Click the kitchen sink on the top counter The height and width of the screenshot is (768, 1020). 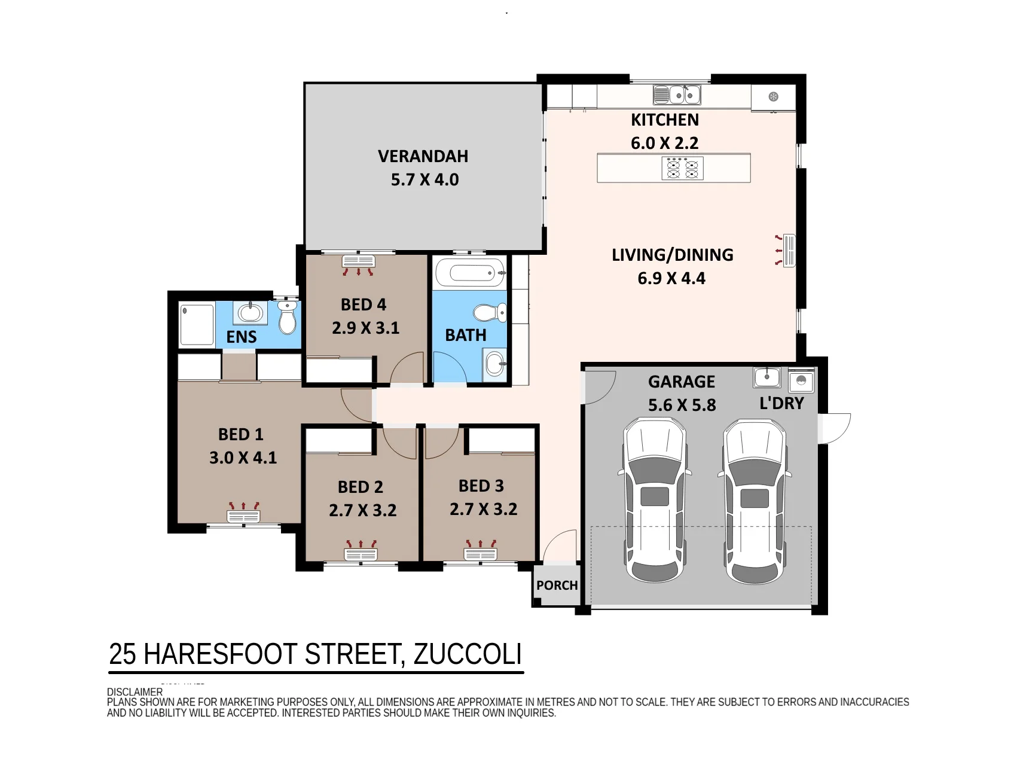[x=677, y=95]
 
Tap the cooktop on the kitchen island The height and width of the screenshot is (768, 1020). [x=682, y=168]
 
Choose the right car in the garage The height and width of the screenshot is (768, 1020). [x=755, y=501]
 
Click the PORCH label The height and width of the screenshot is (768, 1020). [x=557, y=585]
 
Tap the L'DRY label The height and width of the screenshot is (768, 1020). [x=781, y=403]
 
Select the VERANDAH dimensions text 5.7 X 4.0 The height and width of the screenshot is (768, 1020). [x=425, y=179]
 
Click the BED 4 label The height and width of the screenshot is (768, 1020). [x=364, y=304]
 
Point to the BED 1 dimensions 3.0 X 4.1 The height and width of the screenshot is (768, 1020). [x=243, y=458]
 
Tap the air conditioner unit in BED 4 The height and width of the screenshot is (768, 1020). [x=358, y=265]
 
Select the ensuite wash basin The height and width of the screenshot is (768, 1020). [x=250, y=313]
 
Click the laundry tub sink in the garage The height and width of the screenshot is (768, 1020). [x=766, y=377]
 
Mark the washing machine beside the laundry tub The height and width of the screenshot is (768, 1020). [x=801, y=380]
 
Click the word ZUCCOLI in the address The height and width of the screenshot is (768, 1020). [x=468, y=654]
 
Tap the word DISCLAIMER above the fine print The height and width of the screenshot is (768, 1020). [x=135, y=692]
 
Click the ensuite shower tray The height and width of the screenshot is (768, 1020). [x=197, y=325]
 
